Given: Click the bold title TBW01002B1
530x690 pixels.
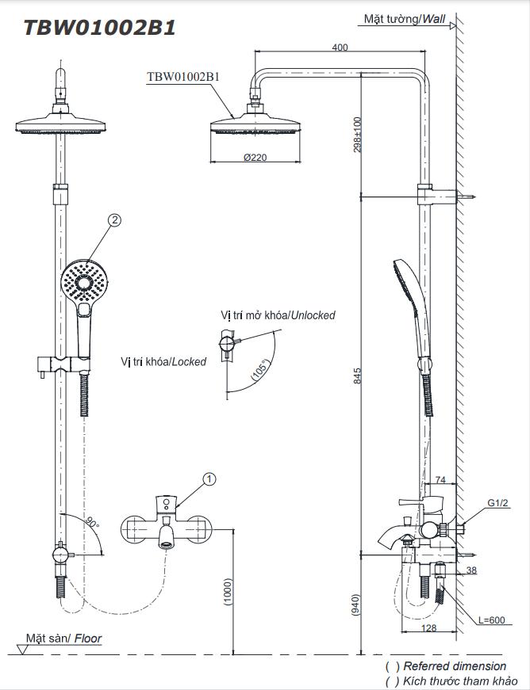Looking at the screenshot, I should (100, 27).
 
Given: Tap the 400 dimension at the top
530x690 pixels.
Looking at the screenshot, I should (340, 48).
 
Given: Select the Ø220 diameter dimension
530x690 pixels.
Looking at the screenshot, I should (255, 158).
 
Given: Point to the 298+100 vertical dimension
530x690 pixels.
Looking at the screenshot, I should (357, 135).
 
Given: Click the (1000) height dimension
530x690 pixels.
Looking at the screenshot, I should (228, 590).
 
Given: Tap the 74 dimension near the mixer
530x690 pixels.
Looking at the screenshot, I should (441, 480).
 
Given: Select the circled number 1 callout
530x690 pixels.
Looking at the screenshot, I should (209, 478).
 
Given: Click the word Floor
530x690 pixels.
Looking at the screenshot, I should (88, 638).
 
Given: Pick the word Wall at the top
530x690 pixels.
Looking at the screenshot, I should (434, 18).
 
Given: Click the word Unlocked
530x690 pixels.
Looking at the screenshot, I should (312, 315).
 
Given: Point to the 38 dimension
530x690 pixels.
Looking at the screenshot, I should (471, 570).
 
